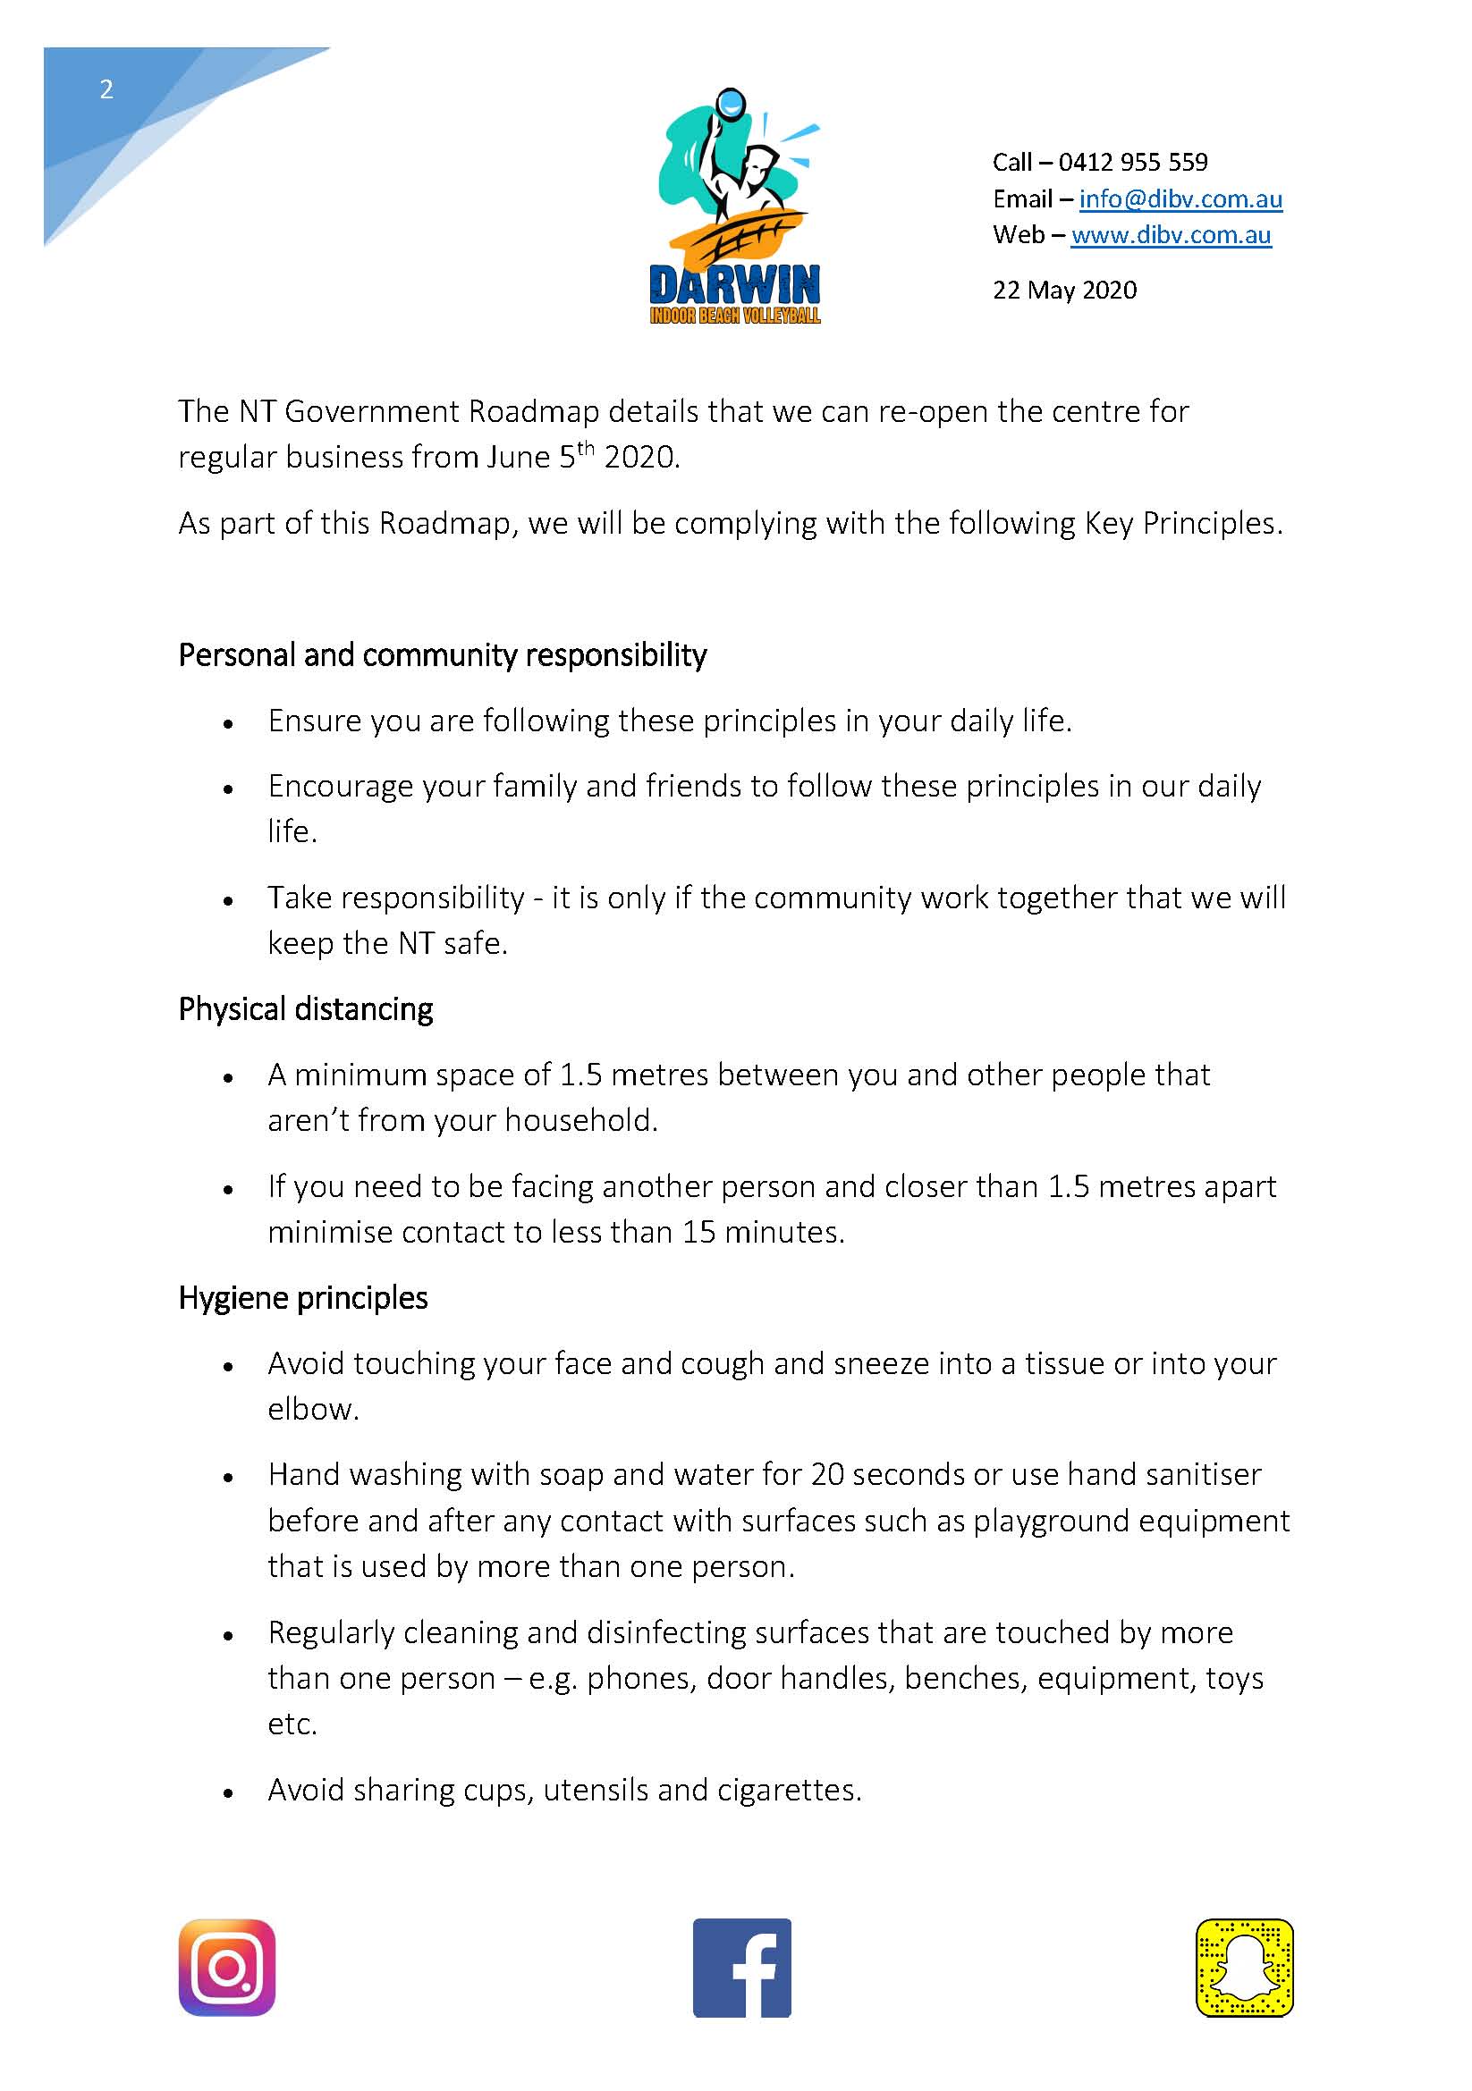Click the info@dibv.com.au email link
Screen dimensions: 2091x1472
tap(1180, 198)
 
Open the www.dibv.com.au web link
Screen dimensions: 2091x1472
tap(1171, 235)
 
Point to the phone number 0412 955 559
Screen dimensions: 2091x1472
tap(1132, 162)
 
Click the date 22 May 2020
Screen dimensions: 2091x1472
tap(1064, 290)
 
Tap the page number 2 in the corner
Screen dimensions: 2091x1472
tap(106, 89)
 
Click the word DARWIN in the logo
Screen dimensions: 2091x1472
tap(734, 286)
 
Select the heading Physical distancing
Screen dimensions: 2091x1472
tap(305, 1009)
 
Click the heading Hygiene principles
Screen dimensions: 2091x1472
tap(302, 1298)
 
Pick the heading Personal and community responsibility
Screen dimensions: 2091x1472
tap(442, 654)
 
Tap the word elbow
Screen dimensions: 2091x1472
tap(312, 1409)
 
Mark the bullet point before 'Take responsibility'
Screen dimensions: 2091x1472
tap(229, 902)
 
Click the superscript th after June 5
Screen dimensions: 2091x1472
tap(585, 448)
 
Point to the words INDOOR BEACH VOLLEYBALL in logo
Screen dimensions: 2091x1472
tap(734, 316)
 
